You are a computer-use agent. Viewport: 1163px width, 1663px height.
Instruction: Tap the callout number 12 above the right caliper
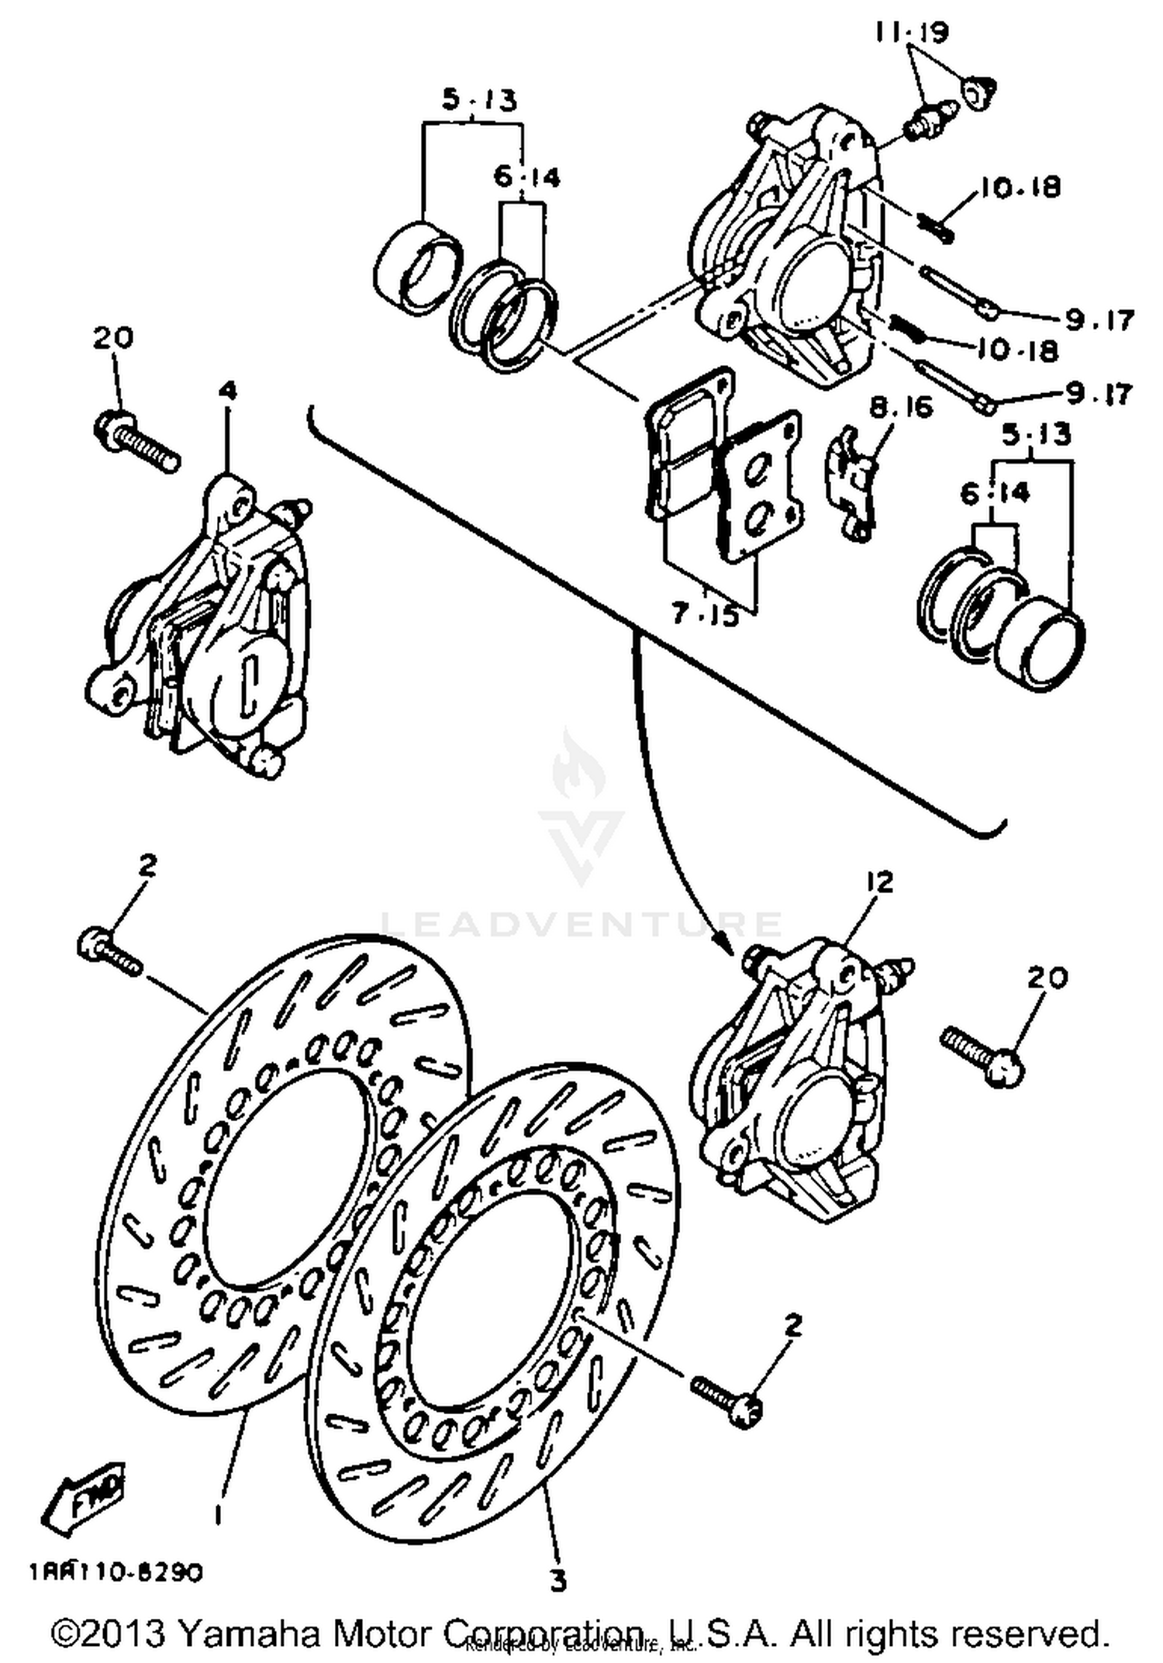click(x=880, y=882)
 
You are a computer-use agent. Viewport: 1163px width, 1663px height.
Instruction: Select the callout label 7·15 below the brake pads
click(x=705, y=614)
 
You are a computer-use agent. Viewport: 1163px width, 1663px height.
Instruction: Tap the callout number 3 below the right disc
click(x=558, y=1579)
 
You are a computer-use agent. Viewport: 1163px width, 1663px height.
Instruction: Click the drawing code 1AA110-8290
click(x=116, y=1572)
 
